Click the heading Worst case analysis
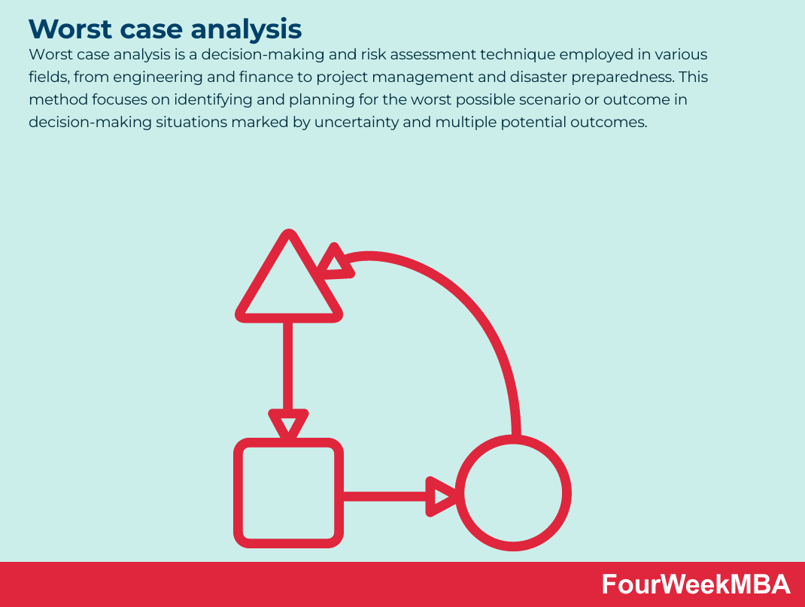165,29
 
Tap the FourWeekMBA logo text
696,584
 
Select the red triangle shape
288,281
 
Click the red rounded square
288,493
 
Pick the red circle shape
513,493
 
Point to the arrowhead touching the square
288,423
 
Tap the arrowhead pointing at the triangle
336,263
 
